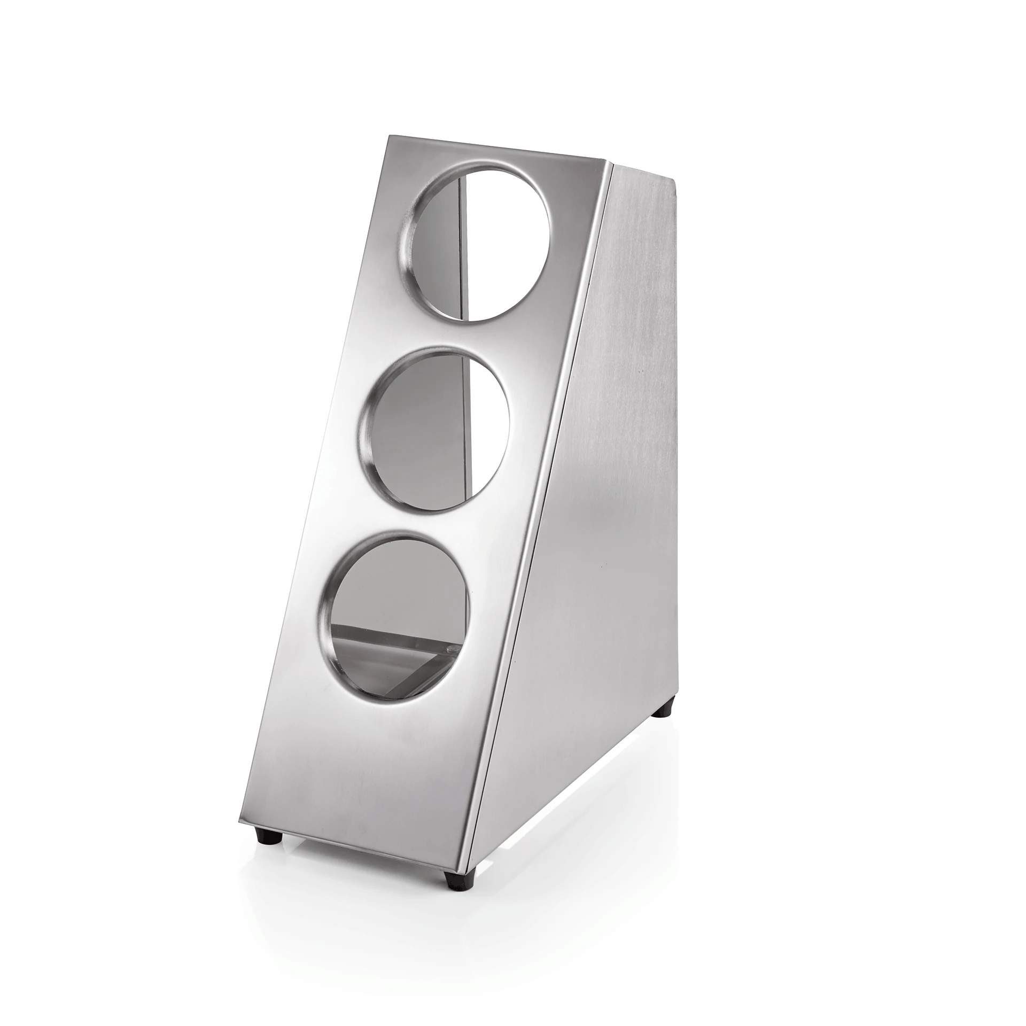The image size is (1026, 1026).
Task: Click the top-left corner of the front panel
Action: (389, 138)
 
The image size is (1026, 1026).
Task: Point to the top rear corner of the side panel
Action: (672, 182)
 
